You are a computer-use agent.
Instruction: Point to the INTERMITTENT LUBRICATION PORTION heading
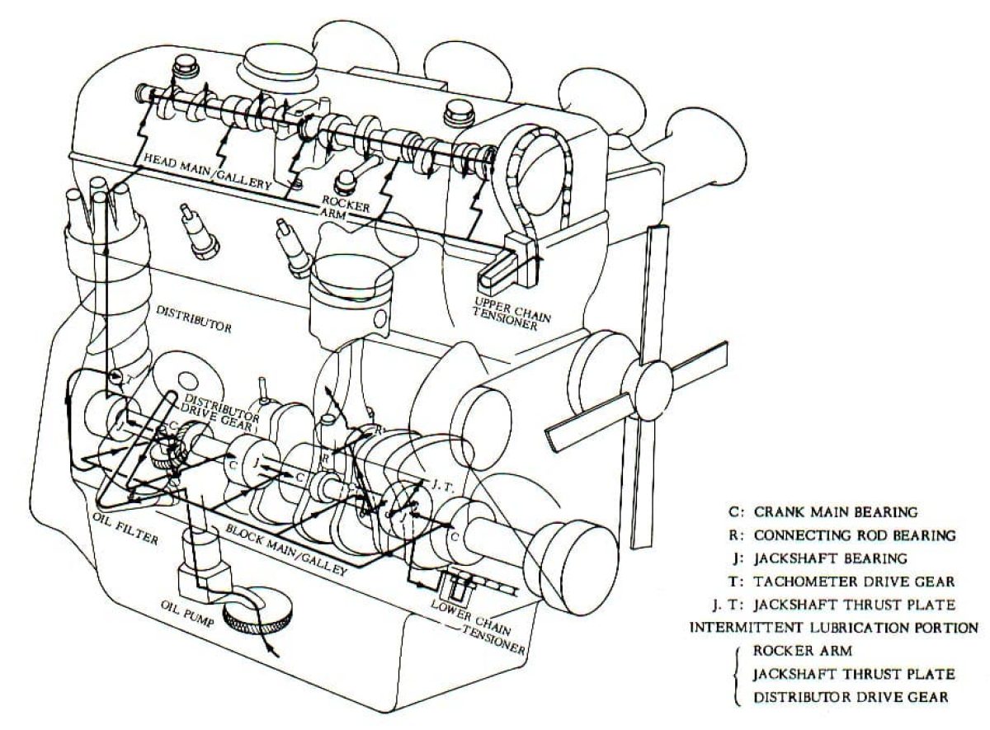(x=833, y=627)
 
